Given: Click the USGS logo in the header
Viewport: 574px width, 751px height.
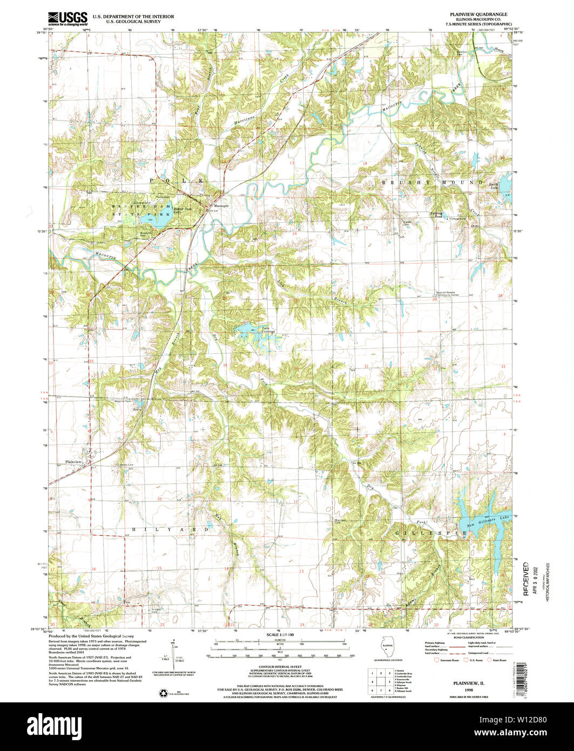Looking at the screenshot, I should click(67, 19).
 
